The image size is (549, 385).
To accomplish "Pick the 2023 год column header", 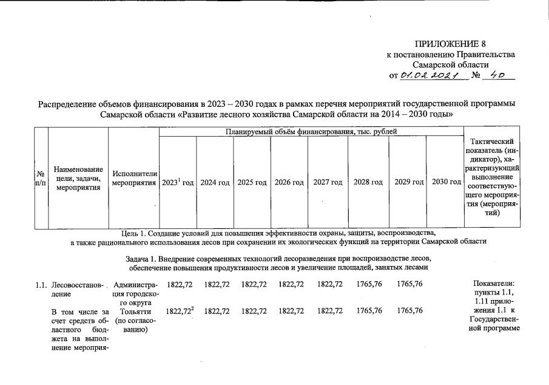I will pyautogui.click(x=177, y=182).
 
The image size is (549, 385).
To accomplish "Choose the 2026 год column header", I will pyautogui.click(x=289, y=182).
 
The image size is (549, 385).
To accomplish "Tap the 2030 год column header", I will pyautogui.click(x=445, y=182).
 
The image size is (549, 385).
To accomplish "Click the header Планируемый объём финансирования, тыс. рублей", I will pyautogui.click(x=311, y=132).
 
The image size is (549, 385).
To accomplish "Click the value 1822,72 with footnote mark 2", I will pyautogui.click(x=178, y=311).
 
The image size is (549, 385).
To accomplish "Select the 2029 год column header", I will pyautogui.click(x=408, y=182).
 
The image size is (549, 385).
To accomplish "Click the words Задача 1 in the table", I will pyautogui.click(x=141, y=259).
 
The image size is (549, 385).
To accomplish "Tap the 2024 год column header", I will pyautogui.click(x=215, y=182).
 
